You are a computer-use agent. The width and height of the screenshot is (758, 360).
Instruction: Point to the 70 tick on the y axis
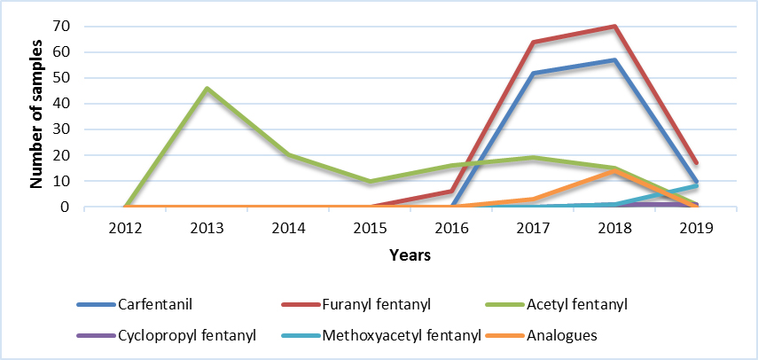[x=60, y=26]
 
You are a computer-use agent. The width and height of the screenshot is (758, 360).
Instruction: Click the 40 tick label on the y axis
[x=60, y=104]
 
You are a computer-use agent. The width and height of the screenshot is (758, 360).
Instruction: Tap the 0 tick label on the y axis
[x=64, y=207]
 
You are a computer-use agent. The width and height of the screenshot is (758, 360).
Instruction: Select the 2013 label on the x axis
[x=207, y=226]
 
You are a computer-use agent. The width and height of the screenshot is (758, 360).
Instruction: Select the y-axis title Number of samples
[x=37, y=113]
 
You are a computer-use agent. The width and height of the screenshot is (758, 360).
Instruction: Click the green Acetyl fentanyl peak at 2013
[x=207, y=88]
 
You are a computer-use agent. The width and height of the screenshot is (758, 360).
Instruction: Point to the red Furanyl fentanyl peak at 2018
[x=613, y=27]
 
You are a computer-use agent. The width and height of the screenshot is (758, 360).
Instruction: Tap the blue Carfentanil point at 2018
[x=613, y=60]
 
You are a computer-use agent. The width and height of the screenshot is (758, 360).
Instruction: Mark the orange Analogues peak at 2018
[x=613, y=171]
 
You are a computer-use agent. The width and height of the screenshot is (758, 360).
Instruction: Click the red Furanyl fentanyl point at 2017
[x=532, y=43]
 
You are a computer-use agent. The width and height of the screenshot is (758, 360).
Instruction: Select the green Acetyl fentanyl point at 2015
[x=370, y=181]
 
